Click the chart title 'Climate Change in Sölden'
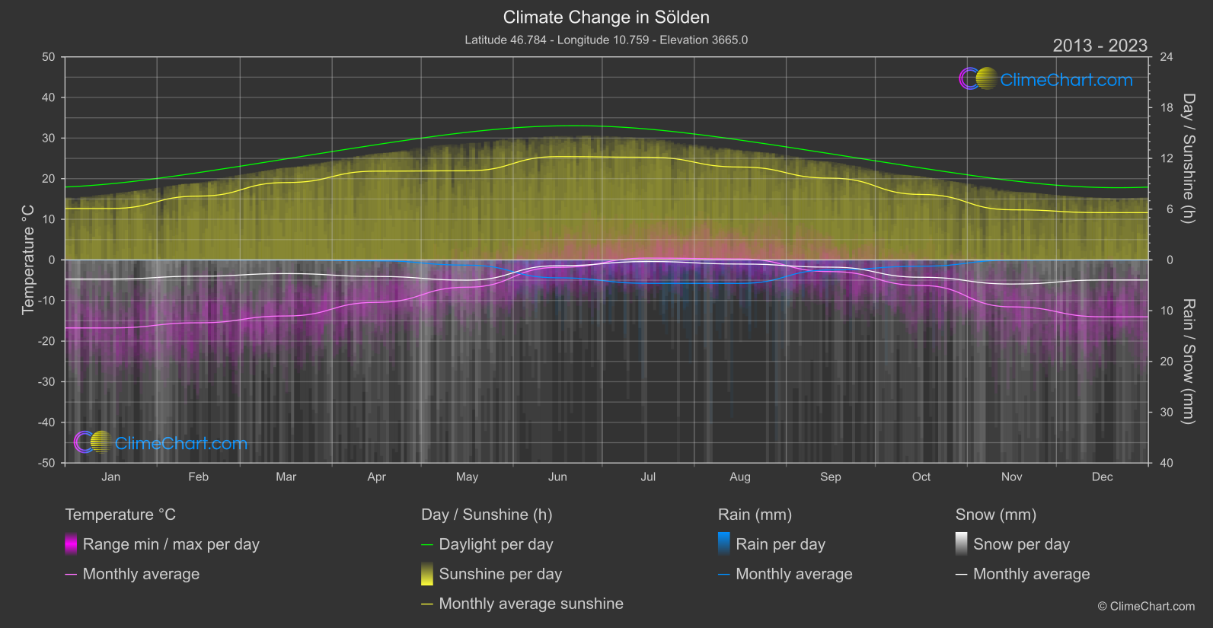click(606, 18)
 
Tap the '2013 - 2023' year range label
click(1100, 46)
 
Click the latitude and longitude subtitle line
click(606, 40)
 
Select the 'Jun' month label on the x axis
click(557, 477)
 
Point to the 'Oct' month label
click(921, 477)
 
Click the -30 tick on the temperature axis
click(47, 381)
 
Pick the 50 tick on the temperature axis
click(49, 57)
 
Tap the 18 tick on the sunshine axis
click(1167, 108)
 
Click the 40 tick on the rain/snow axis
click(1167, 463)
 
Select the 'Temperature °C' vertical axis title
click(28, 260)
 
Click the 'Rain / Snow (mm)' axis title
click(1188, 361)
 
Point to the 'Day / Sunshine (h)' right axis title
click(1188, 158)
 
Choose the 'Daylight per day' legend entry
click(496, 544)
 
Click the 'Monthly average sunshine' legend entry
click(531, 604)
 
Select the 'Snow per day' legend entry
click(1021, 544)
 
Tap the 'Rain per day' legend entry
click(780, 544)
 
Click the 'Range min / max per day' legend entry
click(171, 544)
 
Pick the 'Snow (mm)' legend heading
click(995, 515)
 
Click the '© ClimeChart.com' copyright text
click(1146, 606)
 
